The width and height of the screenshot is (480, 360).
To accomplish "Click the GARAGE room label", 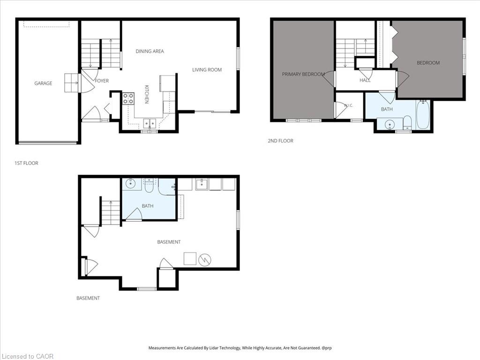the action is click(x=43, y=83).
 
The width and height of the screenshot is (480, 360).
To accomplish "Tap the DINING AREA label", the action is click(x=150, y=51).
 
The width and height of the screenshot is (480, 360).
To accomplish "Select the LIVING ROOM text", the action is click(x=207, y=70).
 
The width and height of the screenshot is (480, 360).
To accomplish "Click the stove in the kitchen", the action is click(x=128, y=98).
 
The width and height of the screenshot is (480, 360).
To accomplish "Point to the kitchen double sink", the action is click(x=150, y=123).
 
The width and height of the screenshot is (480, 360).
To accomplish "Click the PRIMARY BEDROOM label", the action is click(x=303, y=74).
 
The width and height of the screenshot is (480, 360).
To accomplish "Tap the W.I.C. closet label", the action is click(x=348, y=105).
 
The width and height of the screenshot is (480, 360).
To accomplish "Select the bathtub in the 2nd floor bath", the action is click(x=423, y=114).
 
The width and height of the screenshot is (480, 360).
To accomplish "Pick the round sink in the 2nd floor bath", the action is click(x=390, y=125).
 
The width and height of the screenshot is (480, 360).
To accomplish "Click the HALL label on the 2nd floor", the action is click(x=365, y=80).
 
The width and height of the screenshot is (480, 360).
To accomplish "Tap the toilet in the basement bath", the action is click(x=149, y=186).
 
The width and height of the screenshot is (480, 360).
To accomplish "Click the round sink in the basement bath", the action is click(x=131, y=183).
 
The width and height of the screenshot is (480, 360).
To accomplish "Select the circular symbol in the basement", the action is click(x=204, y=260).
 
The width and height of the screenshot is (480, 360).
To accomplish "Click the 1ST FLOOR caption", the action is click(x=26, y=163).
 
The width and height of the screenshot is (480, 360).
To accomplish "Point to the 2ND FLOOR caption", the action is click(x=280, y=141).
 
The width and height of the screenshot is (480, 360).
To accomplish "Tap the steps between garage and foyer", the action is click(x=72, y=83).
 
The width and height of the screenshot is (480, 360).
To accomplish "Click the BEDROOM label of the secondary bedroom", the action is click(x=428, y=63).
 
